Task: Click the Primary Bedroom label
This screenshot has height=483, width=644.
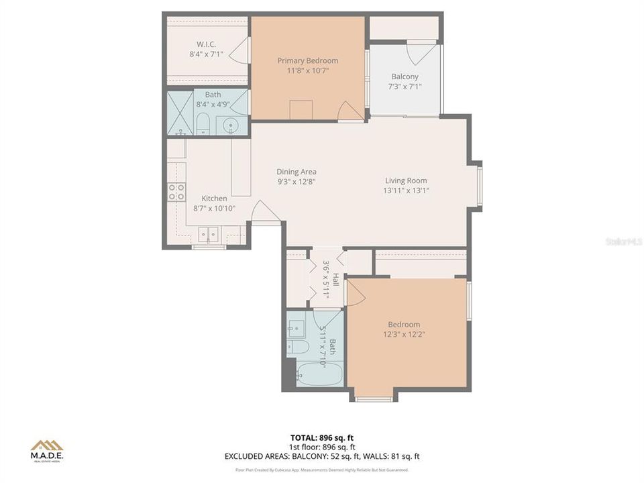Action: [308, 60]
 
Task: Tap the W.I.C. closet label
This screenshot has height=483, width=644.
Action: [205, 44]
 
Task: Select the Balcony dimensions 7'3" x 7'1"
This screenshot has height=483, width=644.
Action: [405, 87]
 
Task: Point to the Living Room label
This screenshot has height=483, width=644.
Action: [406, 180]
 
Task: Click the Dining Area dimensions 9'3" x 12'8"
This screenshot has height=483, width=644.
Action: [296, 181]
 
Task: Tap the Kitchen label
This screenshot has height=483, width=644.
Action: [215, 199]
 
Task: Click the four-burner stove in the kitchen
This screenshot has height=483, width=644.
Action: [176, 193]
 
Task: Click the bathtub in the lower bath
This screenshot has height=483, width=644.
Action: [319, 373]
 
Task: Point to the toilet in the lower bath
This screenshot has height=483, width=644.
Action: [297, 347]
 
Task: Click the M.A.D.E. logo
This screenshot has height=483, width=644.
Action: [47, 451]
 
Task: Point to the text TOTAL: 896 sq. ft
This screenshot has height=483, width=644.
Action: [323, 437]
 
